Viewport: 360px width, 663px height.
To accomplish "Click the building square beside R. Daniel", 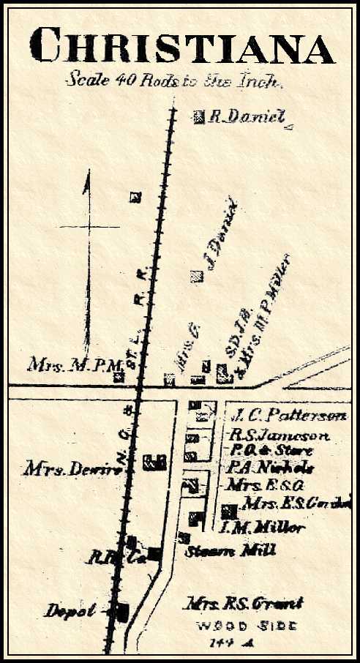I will pyautogui.click(x=199, y=117).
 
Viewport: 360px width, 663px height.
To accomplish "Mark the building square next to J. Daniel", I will pyautogui.click(x=196, y=276).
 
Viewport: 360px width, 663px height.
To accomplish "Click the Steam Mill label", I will pyautogui.click(x=224, y=551).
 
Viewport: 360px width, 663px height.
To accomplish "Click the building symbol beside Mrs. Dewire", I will pyautogui.click(x=154, y=462).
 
